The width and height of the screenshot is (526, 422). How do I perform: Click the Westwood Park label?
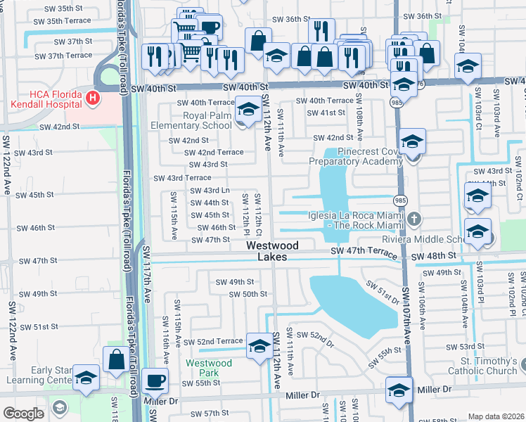(209, 368)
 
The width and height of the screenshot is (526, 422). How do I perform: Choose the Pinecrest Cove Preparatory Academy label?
(353, 155)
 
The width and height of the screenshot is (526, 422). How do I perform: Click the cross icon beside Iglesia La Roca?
(415, 219)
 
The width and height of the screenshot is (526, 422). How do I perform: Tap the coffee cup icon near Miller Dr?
(155, 381)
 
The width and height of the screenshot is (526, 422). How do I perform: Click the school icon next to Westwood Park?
(259, 345)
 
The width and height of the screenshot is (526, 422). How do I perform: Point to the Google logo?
(23, 414)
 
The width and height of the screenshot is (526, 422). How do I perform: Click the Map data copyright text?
(496, 416)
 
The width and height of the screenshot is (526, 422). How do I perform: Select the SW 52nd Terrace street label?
(210, 341)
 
